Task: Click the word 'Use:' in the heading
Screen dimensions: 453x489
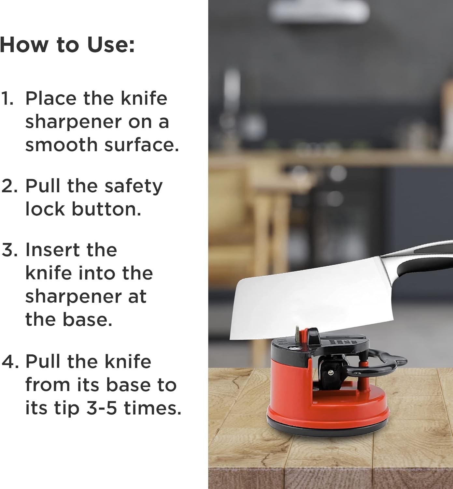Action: [x=111, y=45]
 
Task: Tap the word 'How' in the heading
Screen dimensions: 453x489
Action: [x=24, y=45]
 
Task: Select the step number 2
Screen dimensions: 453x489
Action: [x=9, y=186]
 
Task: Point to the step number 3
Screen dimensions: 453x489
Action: [x=9, y=250]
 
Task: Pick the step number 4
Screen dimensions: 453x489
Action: [x=10, y=362]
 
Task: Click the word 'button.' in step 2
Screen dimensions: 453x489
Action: [x=106, y=209]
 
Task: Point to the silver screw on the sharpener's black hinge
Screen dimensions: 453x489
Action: [x=331, y=372]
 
